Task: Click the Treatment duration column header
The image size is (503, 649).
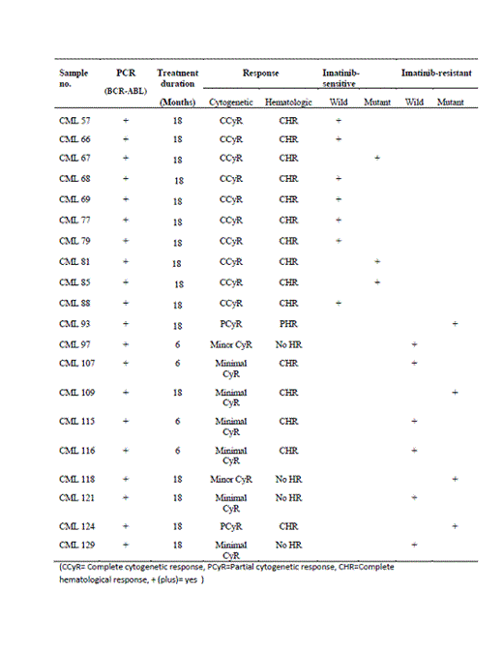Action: pyautogui.click(x=178, y=78)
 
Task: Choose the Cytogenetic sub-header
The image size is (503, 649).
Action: pyautogui.click(x=231, y=102)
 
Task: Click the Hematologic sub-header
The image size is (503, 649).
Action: pyautogui.click(x=287, y=102)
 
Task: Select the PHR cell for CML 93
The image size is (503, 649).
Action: pyautogui.click(x=288, y=322)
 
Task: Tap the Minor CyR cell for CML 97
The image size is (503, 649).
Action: pyautogui.click(x=231, y=344)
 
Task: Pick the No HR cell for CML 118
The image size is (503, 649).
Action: pyautogui.click(x=288, y=479)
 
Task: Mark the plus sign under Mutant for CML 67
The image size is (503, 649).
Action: pyautogui.click(x=377, y=157)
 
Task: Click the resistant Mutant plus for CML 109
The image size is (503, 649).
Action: pyautogui.click(x=455, y=392)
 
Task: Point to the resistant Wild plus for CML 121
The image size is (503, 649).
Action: pyautogui.click(x=414, y=497)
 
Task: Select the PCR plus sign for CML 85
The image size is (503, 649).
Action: pyautogui.click(x=125, y=282)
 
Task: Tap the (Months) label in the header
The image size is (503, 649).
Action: pyautogui.click(x=178, y=102)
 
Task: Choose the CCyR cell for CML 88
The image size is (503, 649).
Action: pyautogui.click(x=231, y=303)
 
